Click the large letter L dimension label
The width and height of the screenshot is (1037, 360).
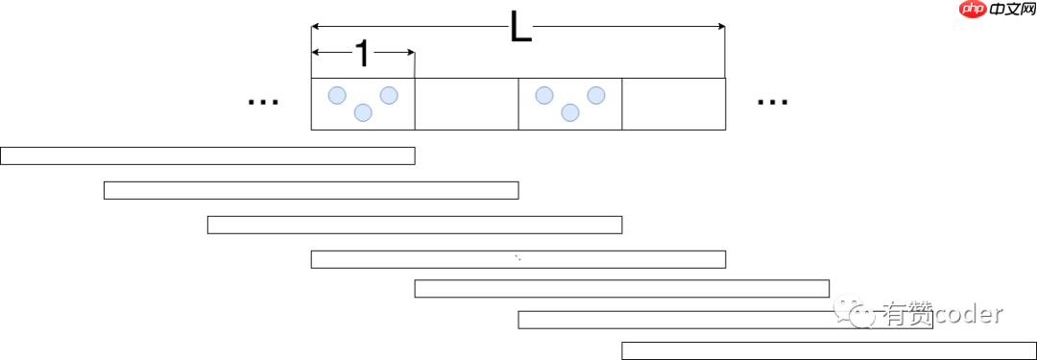point(519,28)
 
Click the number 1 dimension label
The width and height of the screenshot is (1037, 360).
point(362,54)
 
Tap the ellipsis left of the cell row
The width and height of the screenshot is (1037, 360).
point(263,100)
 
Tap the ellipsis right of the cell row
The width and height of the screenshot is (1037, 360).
point(772,100)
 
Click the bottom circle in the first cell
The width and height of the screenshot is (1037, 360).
point(363,112)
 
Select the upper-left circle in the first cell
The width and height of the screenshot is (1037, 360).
point(337,95)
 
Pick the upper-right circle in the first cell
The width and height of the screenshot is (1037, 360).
point(389,95)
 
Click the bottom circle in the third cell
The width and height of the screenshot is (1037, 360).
point(570,112)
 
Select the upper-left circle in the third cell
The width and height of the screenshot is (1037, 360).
point(544,95)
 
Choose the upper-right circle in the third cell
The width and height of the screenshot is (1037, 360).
point(596,95)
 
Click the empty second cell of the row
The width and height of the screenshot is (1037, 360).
point(467,104)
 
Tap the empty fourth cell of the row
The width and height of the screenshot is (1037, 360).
point(674,104)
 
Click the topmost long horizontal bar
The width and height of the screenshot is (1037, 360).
point(207,156)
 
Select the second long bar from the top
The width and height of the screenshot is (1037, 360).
point(311,190)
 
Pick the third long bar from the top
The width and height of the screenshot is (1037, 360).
point(415,225)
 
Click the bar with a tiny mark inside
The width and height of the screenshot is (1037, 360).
point(518,258)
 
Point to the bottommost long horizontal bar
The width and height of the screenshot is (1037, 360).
point(829,350)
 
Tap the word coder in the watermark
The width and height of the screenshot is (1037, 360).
point(968,314)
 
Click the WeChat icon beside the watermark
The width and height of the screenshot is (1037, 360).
point(856,311)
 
